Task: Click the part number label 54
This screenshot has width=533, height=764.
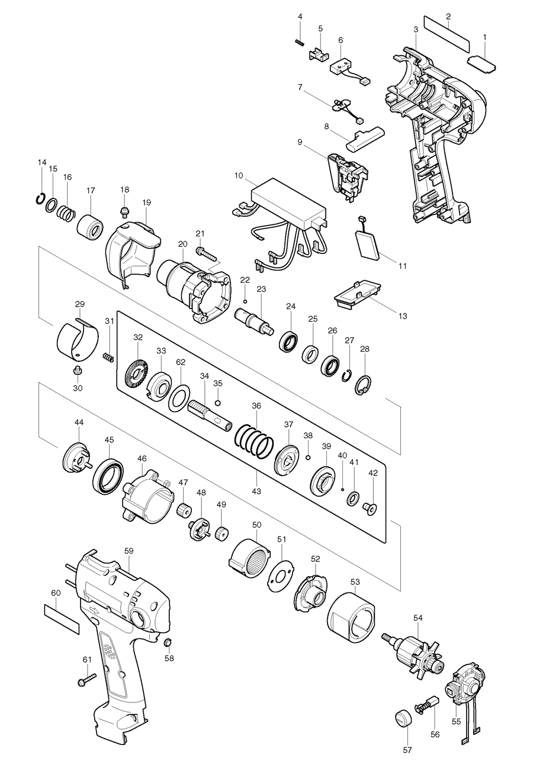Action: (418, 618)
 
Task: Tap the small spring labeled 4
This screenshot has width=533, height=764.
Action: (300, 41)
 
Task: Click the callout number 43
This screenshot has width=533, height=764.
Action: (256, 491)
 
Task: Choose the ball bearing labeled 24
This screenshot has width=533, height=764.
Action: (288, 342)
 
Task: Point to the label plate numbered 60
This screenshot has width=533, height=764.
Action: (61, 619)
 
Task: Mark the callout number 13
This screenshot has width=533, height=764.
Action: (403, 316)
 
